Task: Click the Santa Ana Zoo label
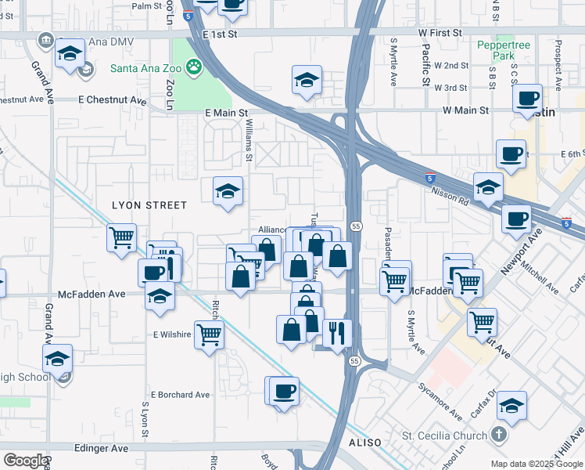point(145,68)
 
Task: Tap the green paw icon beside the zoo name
point(191,68)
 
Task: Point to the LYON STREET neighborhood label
point(149,205)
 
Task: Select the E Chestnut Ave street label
point(113,100)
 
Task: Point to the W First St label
point(441,33)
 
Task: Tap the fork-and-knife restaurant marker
point(337,333)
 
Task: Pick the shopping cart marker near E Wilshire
point(209,334)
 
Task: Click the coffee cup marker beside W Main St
point(528,98)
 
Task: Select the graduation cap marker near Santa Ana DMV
point(70,54)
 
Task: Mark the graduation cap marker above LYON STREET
point(228,190)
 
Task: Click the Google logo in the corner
point(26,460)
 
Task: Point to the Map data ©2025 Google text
point(536,464)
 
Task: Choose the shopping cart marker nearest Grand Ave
point(122,237)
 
